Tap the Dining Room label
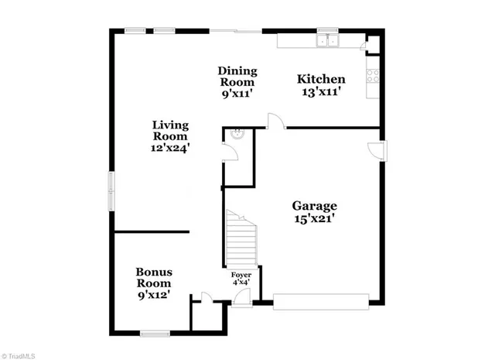(237, 76)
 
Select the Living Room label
(170, 131)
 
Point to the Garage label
(314, 206)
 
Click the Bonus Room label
(154, 278)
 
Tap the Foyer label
(241, 276)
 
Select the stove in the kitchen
(373, 76)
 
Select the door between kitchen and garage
(275, 120)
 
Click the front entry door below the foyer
(242, 297)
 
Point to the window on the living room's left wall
(111, 190)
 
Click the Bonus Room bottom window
(155, 334)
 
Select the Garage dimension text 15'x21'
(314, 219)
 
